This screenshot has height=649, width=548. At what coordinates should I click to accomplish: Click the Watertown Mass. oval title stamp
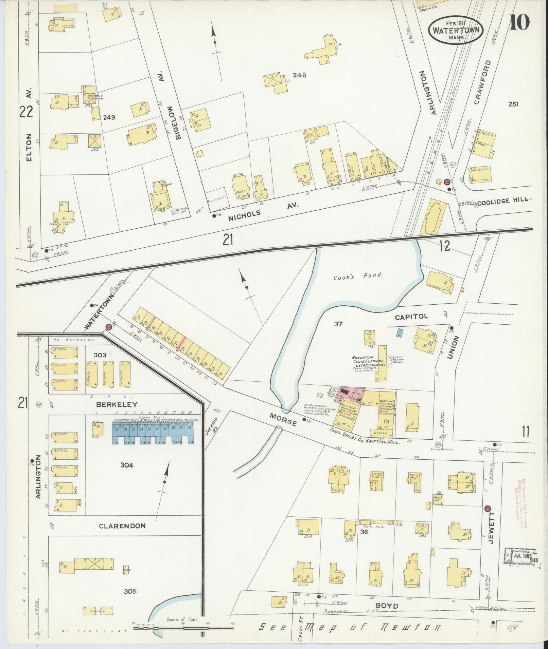coord(456,30)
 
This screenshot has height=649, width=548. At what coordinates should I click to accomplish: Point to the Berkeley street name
coord(117,404)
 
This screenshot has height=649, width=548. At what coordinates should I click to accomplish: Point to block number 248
coord(299,75)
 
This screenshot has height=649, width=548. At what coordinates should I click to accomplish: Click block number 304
coord(126,465)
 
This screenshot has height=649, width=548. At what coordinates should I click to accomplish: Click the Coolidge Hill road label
coord(503,201)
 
